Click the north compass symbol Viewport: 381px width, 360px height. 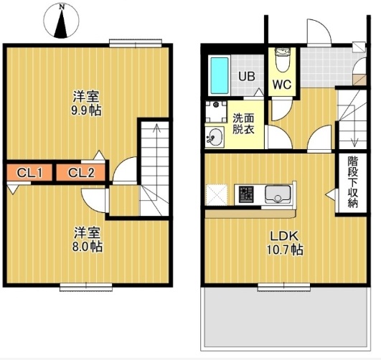[x=62, y=22]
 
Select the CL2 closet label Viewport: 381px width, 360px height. [x=82, y=172]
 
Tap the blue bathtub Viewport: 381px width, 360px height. [x=219, y=75]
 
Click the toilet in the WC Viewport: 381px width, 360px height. [x=282, y=58]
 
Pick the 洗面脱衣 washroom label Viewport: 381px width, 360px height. [x=242, y=123]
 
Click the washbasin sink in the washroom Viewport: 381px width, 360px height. [x=215, y=136]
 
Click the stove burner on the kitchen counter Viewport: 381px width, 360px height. [x=247, y=194]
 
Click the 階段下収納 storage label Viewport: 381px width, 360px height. [x=352, y=182]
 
